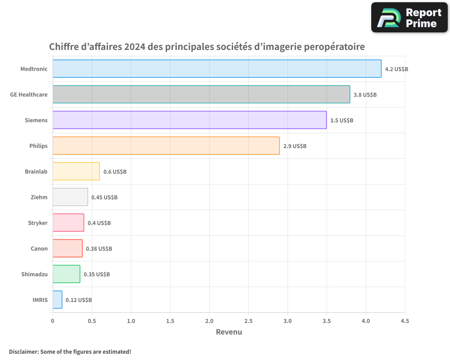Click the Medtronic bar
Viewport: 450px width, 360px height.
tap(217, 69)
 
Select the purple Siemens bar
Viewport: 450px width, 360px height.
tap(189, 120)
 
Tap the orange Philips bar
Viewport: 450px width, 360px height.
tap(166, 146)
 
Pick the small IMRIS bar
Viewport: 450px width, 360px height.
tap(57, 300)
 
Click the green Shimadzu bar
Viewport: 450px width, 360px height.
tap(66, 274)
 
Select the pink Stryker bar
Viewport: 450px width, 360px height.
tap(68, 223)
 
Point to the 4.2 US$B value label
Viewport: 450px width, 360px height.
tap(396, 69)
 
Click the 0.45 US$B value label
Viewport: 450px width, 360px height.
tap(104, 198)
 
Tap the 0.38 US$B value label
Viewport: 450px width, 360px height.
tap(99, 249)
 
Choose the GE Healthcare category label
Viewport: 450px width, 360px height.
tap(29, 94)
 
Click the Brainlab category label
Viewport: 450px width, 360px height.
tap(36, 171)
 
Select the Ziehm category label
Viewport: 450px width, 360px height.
tap(39, 197)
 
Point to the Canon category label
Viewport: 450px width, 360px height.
tap(39, 248)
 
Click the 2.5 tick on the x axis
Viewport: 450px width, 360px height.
tap(248, 321)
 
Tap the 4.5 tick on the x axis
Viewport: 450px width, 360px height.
tap(405, 321)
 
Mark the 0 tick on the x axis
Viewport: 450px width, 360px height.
tap(53, 321)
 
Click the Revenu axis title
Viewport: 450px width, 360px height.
tap(229, 333)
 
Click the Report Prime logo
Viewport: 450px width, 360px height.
tap(409, 18)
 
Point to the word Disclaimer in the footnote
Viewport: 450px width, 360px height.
tap(23, 351)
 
